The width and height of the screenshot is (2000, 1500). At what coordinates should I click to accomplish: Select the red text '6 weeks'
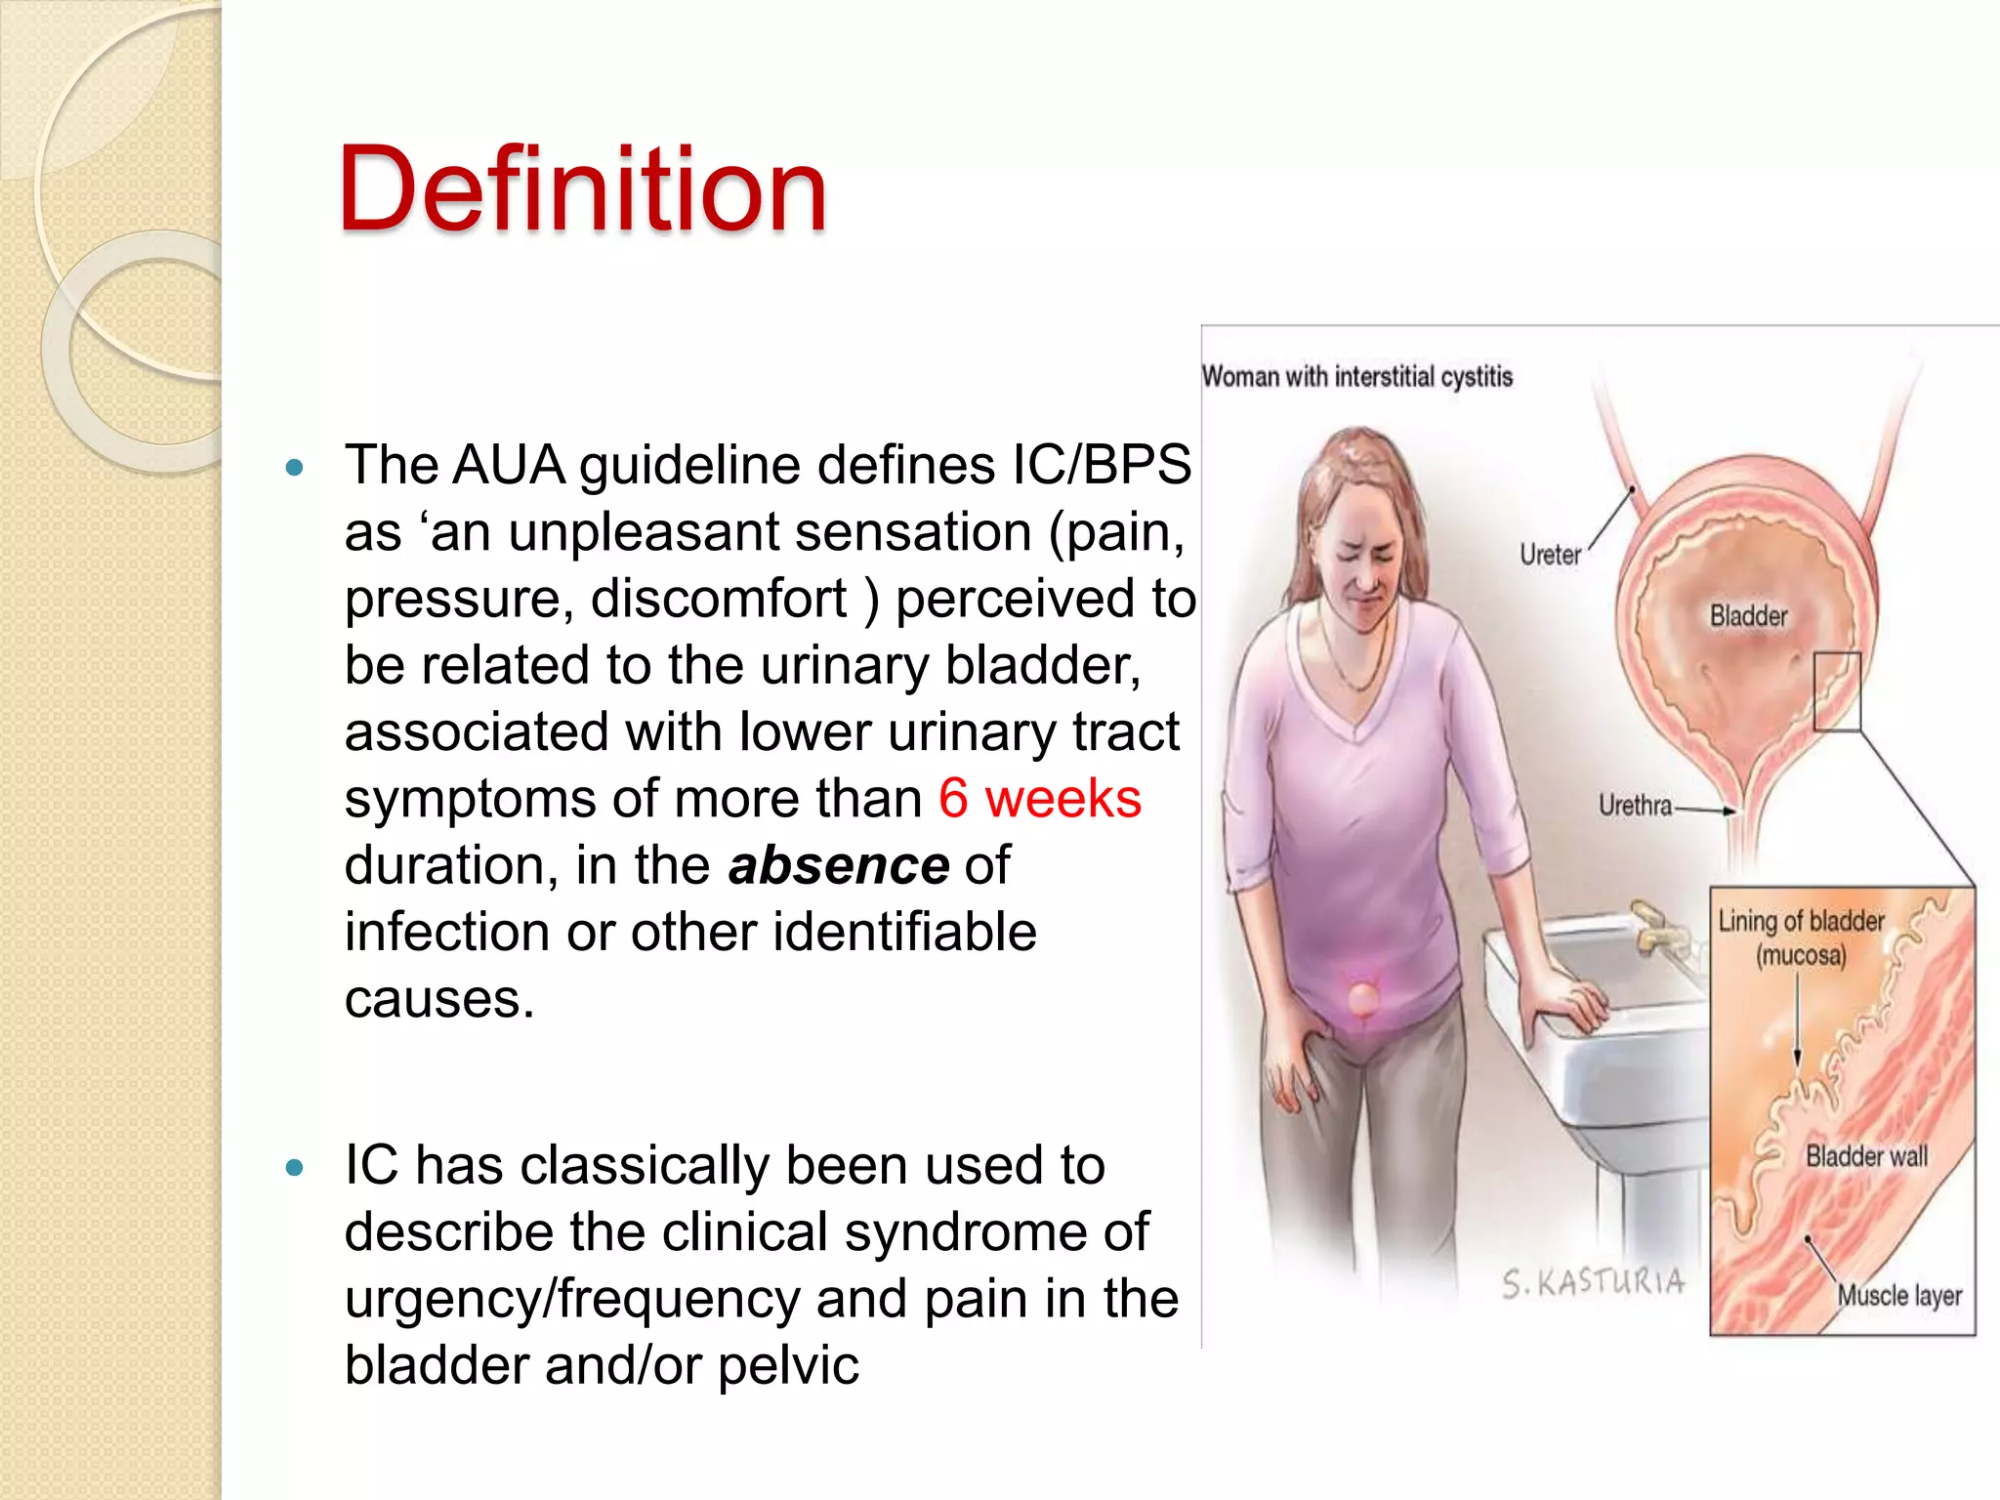tap(1039, 799)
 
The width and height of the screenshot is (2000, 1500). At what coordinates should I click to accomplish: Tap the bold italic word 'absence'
tap(838, 865)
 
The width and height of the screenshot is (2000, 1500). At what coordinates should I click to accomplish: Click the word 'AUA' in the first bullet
tap(509, 465)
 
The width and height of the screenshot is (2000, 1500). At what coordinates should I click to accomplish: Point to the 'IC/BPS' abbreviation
tap(1101, 465)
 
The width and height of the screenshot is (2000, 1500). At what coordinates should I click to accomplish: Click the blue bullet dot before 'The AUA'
tap(295, 468)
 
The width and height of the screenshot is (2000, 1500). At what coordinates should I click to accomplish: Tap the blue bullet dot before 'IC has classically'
tap(295, 1167)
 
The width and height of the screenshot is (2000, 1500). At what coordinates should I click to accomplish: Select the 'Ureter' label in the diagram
tap(1550, 555)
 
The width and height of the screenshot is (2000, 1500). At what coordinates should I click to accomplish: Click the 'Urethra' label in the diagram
tap(1635, 806)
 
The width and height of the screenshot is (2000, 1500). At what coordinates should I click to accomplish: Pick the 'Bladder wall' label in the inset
tap(1866, 1156)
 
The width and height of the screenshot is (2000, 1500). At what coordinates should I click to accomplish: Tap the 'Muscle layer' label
tap(1899, 1296)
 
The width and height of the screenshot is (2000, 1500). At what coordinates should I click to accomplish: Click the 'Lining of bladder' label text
tap(1801, 921)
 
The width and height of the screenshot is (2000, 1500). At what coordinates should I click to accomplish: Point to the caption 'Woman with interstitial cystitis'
tap(1356, 377)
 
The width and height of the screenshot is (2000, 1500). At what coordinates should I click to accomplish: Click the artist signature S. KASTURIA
tap(1593, 1282)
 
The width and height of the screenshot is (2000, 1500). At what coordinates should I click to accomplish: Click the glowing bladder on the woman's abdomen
tap(1363, 1001)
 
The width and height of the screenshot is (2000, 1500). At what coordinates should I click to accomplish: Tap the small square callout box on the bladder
tap(1837, 691)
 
